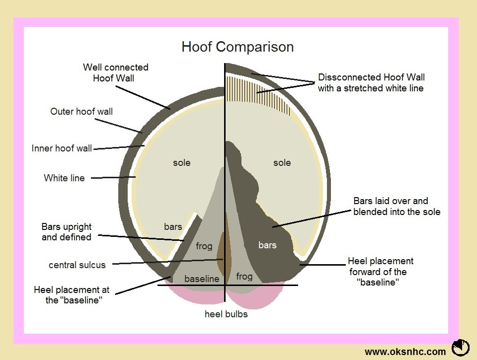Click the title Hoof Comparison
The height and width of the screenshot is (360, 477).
[238, 47]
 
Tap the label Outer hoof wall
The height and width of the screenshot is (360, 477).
[81, 111]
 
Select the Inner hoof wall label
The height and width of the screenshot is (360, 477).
[62, 148]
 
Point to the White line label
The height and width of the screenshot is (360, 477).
[64, 178]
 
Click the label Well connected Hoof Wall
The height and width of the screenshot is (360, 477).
[115, 72]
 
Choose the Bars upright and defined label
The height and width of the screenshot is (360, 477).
[66, 232]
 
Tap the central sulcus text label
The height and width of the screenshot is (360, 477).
[77, 265]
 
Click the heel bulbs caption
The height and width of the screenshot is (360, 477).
[226, 314]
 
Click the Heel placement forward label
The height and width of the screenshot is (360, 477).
[380, 272]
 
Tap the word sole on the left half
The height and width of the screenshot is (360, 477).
[181, 162]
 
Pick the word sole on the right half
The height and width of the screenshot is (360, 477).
[282, 162]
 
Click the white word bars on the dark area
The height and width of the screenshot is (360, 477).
[267, 245]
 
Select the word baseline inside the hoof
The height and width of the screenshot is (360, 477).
[202, 279]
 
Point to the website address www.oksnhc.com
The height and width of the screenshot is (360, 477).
[405, 352]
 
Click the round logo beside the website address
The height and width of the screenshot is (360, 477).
[461, 347]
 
